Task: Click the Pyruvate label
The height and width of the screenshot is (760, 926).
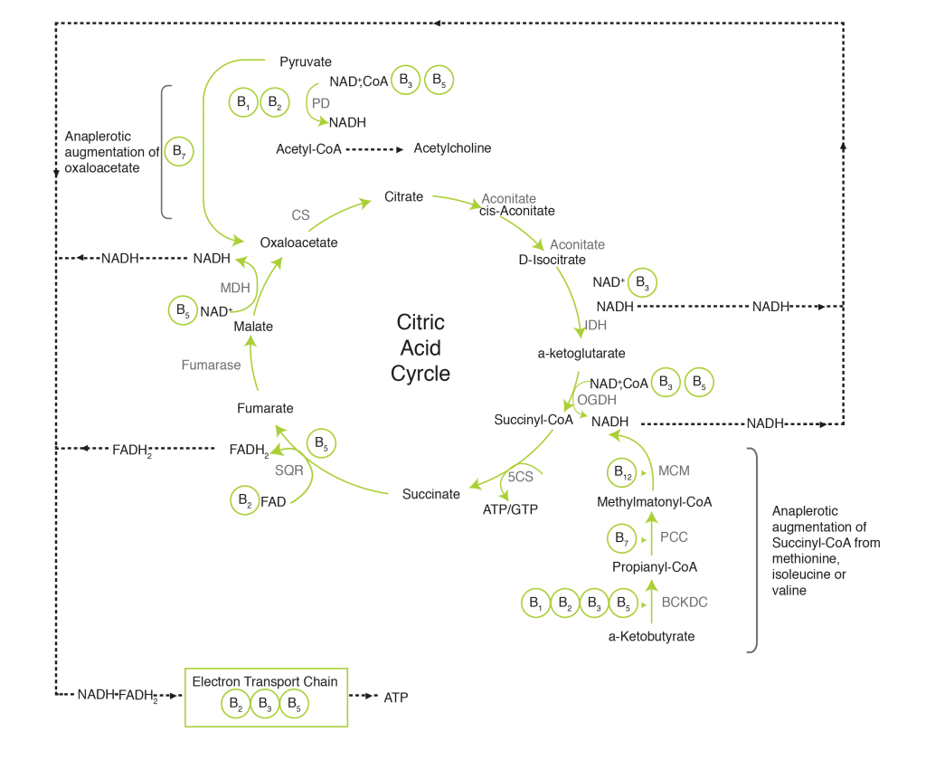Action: coord(306,62)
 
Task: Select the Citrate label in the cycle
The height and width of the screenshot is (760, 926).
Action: coord(403,196)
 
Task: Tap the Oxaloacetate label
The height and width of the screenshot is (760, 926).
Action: coord(298,242)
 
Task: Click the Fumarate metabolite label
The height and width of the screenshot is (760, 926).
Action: coord(265,409)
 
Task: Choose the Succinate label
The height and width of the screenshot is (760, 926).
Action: coord(431,494)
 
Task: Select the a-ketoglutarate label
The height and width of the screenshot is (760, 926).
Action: coord(581,353)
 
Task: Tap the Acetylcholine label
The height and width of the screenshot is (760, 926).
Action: coord(452,147)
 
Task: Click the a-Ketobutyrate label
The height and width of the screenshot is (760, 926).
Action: coord(651,637)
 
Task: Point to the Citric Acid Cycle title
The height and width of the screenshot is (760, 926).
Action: coord(420,348)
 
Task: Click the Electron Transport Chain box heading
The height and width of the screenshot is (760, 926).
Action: coord(265,681)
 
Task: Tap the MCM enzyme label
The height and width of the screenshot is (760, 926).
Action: coord(674,471)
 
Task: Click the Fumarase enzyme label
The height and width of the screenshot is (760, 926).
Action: coord(211,366)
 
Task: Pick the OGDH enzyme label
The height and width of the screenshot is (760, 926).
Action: coord(597,400)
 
